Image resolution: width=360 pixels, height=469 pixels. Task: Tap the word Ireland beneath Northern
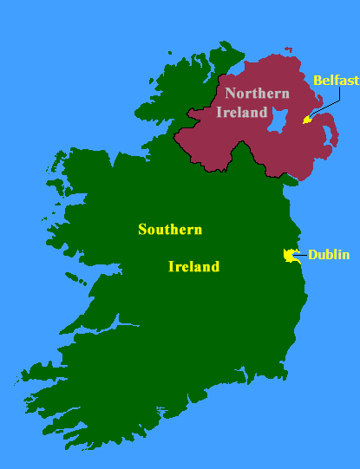pyautogui.click(x=241, y=112)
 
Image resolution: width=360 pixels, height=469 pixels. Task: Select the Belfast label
pyautogui.click(x=335, y=80)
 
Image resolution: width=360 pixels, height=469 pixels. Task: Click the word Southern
pyautogui.click(x=170, y=230)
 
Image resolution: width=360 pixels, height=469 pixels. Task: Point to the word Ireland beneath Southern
pyautogui.click(x=193, y=267)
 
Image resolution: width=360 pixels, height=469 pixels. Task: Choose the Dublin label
pyautogui.click(x=329, y=255)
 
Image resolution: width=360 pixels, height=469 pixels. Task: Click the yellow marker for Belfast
pyautogui.click(x=306, y=120)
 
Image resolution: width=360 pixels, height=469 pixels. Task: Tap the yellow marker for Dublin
pyautogui.click(x=290, y=255)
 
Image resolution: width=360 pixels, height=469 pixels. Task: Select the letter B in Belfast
pyautogui.click(x=317, y=80)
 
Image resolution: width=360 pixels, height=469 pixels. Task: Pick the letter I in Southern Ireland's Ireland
pyautogui.click(x=171, y=267)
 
